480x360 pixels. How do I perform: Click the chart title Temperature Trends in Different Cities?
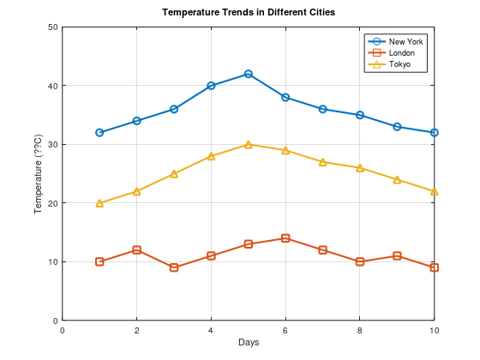click(x=249, y=13)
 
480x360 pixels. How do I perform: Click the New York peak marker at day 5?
click(x=249, y=74)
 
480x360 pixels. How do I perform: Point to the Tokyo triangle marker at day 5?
click(x=249, y=144)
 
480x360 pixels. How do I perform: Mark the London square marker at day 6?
click(x=285, y=238)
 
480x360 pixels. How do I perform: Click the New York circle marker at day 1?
click(x=99, y=133)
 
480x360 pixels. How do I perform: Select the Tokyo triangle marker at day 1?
click(x=99, y=203)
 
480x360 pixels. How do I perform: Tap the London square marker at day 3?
click(x=174, y=267)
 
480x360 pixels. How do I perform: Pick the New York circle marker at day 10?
click(x=435, y=133)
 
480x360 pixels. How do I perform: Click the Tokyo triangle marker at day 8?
click(x=360, y=168)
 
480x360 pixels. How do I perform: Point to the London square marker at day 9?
click(x=397, y=256)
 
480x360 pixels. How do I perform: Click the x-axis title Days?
click(x=249, y=343)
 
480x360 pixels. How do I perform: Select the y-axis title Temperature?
click(x=38, y=174)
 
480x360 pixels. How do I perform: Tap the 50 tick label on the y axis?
click(x=52, y=27)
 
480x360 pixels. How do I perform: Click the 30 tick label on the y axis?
click(x=52, y=145)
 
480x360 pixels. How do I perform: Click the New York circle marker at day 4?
click(x=211, y=86)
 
